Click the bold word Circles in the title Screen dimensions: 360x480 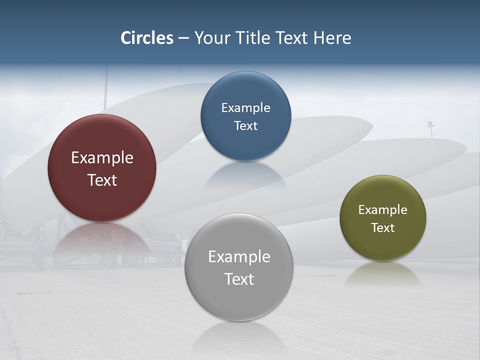point(147,38)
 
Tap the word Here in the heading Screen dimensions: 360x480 point(332,38)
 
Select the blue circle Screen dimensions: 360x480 point(245,145)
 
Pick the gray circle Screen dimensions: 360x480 point(239,300)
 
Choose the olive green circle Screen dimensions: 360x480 point(382,245)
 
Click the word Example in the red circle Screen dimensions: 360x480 point(102,158)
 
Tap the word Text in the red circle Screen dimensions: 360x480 point(102,180)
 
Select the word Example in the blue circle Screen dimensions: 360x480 point(245,108)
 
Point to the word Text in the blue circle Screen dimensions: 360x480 point(245,125)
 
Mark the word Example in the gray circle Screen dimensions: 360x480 point(239,257)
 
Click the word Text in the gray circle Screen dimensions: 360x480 point(239,279)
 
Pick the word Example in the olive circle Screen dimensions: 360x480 point(382,210)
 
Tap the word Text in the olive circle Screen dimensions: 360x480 point(382,228)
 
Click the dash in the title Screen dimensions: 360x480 point(183,38)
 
